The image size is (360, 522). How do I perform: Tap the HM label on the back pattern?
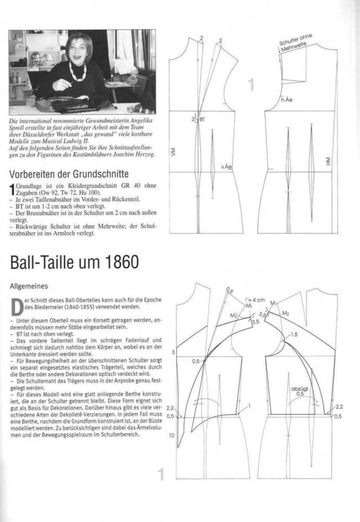click(x=328, y=161)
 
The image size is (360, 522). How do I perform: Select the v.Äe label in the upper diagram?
click(x=227, y=167)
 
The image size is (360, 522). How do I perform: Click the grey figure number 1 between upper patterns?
click(x=250, y=85)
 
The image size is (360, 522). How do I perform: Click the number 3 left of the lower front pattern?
click(x=174, y=352)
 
